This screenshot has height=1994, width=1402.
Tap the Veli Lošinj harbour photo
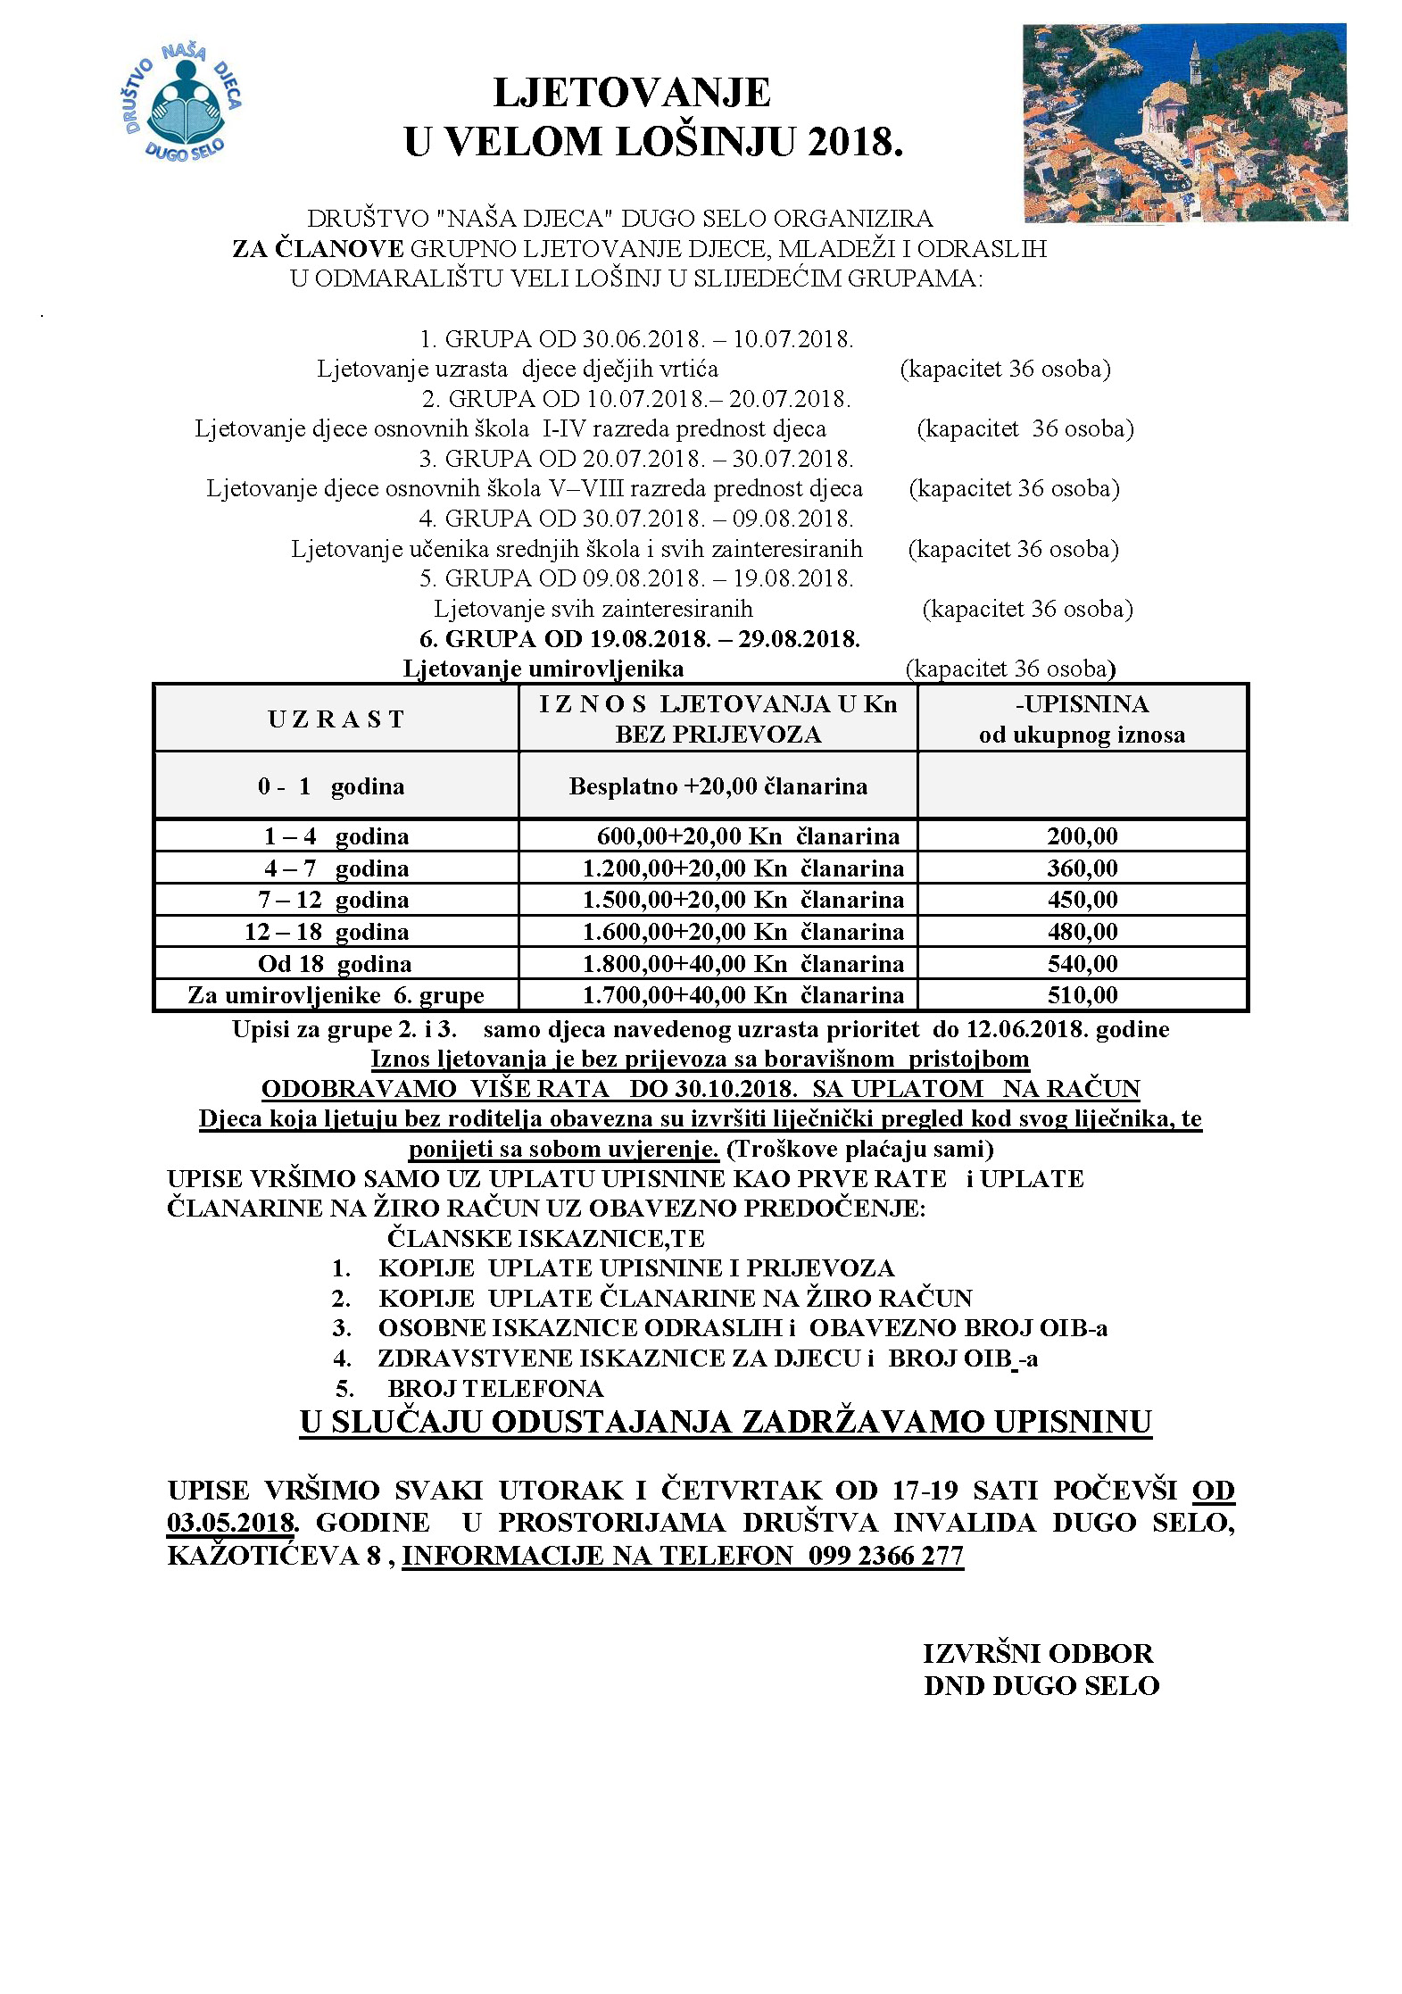(1183, 122)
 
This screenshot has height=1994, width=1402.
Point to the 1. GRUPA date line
(636, 339)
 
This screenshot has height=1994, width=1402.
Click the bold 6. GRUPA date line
(639, 639)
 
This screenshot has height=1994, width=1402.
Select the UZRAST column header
(336, 719)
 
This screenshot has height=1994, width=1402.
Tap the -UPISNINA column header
(1082, 704)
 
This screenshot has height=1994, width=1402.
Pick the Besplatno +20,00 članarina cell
(718, 786)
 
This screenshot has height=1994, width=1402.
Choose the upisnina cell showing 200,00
(1082, 836)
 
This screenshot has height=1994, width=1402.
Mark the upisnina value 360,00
(1082, 868)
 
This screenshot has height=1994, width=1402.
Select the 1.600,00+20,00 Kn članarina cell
(742, 932)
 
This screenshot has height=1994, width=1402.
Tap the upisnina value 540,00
(1082, 964)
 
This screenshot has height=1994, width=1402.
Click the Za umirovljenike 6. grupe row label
(336, 995)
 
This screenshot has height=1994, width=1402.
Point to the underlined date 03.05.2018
(231, 1523)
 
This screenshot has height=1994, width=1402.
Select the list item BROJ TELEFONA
(495, 1389)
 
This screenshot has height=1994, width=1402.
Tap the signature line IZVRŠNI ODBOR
(1038, 1654)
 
